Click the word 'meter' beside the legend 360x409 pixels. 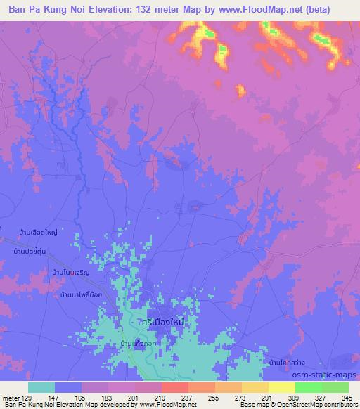tap(10, 398)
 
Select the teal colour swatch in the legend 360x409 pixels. tap(41, 387)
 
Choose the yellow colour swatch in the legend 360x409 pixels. tap(282, 387)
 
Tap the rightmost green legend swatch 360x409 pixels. tap(335, 387)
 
